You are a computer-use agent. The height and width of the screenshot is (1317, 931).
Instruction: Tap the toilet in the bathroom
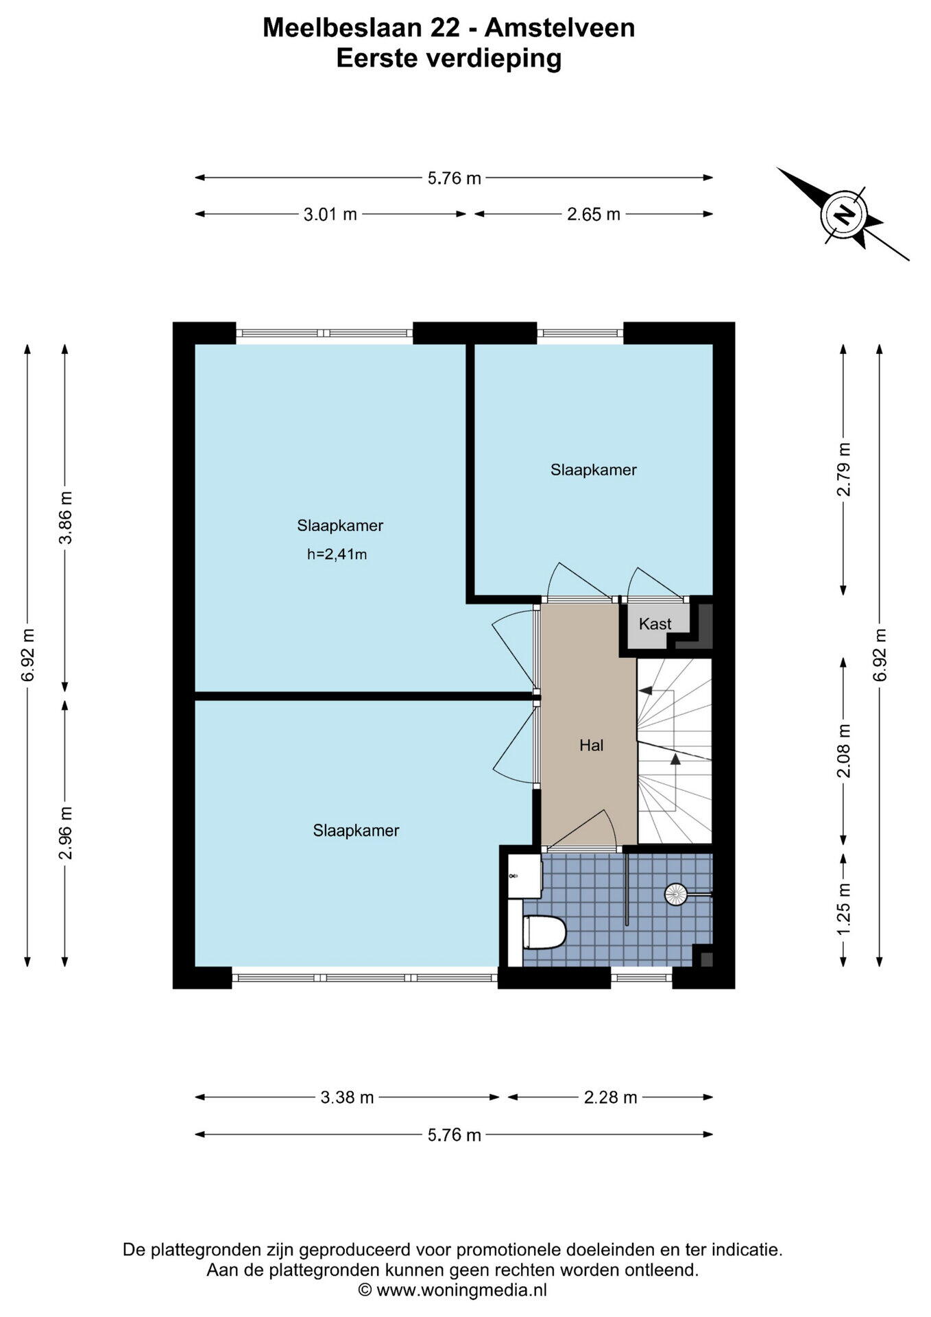pos(544,933)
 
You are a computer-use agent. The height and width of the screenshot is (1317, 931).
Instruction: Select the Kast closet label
pos(655,624)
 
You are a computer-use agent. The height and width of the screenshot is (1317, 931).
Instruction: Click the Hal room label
pos(591,745)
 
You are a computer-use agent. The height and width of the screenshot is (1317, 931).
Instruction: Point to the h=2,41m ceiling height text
pos(337,554)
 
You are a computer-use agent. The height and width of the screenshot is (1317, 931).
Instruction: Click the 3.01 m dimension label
pos(330,215)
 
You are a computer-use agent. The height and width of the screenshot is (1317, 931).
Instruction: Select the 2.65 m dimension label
pos(594,215)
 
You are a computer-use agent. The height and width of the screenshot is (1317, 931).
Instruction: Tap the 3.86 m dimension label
pos(66,517)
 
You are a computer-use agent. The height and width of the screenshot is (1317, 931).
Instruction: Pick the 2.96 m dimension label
pos(66,832)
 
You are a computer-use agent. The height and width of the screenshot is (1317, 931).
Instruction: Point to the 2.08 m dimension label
pos(844,750)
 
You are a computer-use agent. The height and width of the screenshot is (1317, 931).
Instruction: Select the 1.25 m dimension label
pos(844,908)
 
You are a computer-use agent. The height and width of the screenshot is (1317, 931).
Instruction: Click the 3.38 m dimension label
pos(347,1097)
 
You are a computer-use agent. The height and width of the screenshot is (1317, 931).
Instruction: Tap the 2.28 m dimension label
pos(610,1097)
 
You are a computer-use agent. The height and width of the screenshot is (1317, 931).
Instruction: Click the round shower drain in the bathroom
pos(675,893)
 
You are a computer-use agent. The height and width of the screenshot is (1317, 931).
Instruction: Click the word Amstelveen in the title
pos(560,27)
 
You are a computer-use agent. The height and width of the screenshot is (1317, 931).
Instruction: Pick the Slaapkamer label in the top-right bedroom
pos(594,470)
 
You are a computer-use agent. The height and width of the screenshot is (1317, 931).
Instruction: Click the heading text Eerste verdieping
pos(449,59)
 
